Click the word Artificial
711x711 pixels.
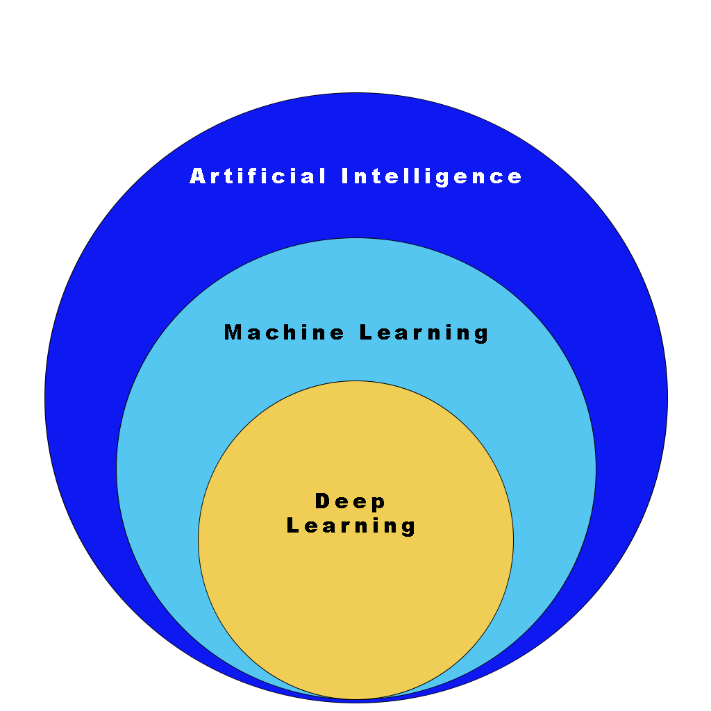tap(258, 176)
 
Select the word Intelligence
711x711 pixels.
tap(431, 176)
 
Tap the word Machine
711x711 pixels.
tap(284, 333)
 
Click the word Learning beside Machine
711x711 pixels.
tap(424, 333)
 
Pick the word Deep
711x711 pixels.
tap(351, 501)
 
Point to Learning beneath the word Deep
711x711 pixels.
tap(351, 526)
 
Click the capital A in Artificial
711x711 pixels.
tap(199, 176)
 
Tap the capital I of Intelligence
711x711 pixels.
tap(344, 176)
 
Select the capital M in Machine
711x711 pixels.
tap(233, 333)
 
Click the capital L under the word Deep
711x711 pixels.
tap(292, 526)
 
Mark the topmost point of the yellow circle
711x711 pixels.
tap(355, 381)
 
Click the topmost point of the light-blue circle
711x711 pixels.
tap(356, 238)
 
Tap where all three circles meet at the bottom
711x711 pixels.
tap(356, 700)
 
